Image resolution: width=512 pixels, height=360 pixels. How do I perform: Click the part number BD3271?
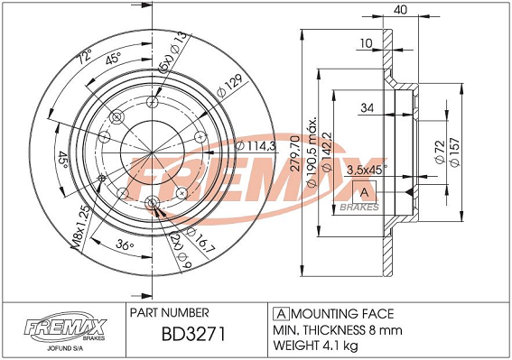(193, 335)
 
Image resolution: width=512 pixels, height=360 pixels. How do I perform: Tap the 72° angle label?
(84, 56)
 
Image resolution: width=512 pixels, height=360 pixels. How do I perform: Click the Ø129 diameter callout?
(230, 86)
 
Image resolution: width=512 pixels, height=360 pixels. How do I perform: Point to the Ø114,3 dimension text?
(256, 145)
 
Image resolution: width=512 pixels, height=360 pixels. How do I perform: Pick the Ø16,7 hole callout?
(200, 240)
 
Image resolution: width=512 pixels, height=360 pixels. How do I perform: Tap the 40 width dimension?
(400, 10)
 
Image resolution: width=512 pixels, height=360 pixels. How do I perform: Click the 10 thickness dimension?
(366, 42)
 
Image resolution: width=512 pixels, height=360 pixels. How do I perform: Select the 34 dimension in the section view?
(367, 107)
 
